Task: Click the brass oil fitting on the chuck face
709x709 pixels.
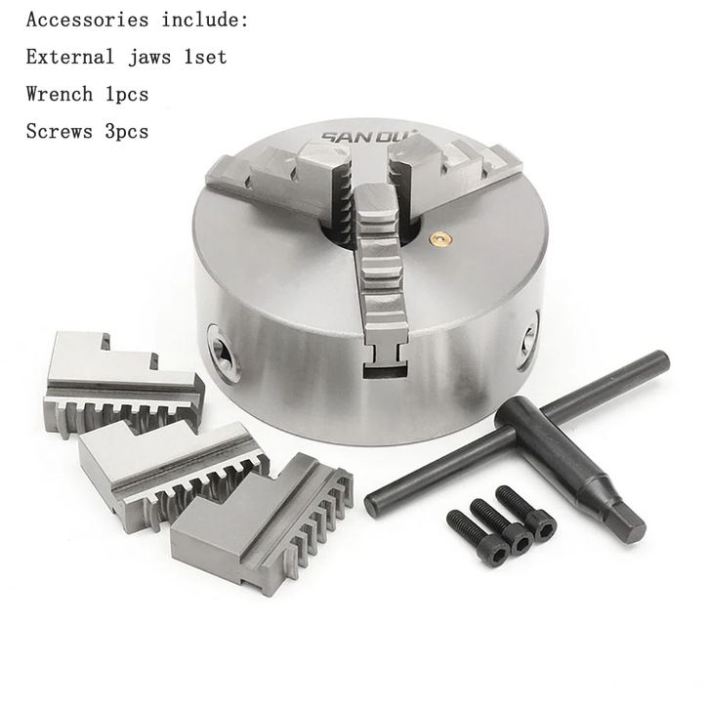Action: (438, 238)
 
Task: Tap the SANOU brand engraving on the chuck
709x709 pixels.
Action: (371, 136)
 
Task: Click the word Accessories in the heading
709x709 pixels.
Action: (87, 20)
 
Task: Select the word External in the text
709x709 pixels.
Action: (70, 57)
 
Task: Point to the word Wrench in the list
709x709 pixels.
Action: (60, 94)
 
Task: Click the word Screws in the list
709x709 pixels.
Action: (60, 131)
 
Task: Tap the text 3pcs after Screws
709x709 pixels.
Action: (127, 132)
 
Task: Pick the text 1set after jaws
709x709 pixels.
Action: (205, 57)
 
